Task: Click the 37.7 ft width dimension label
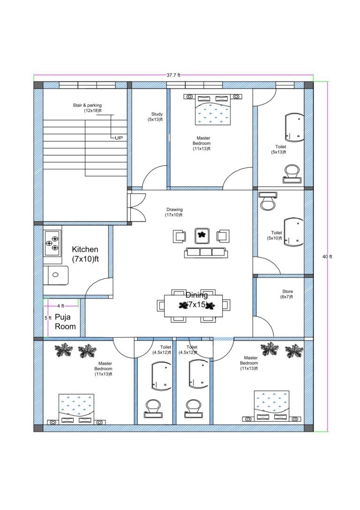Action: pos(173,75)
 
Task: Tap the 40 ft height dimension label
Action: pos(327,257)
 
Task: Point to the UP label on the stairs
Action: pos(119,137)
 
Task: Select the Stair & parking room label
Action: pos(87,108)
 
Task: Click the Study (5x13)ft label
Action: pos(157,117)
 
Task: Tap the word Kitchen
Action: pos(85,250)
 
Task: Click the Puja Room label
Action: pos(65,322)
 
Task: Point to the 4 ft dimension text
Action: pos(60,306)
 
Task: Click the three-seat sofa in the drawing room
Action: pos(206,252)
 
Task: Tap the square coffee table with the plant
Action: pos(202,235)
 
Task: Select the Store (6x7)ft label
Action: pos(287,294)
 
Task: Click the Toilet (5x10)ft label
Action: pos(277,236)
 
